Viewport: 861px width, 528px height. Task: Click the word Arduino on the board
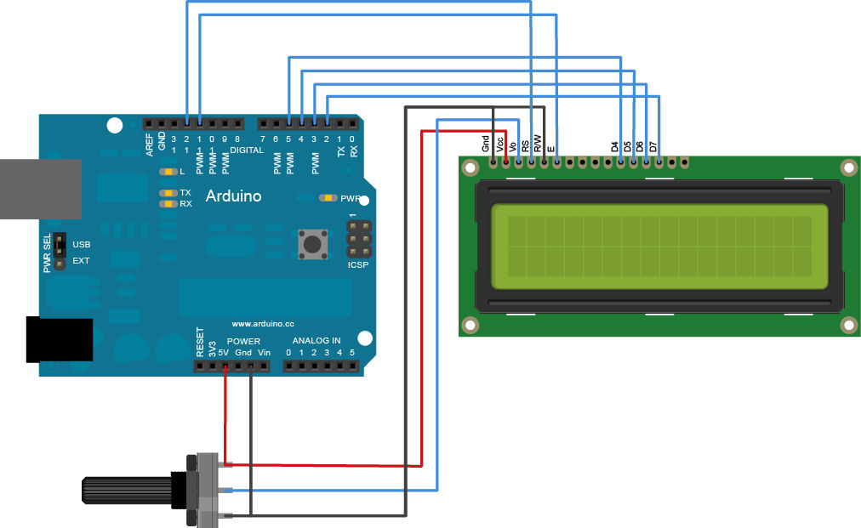point(234,196)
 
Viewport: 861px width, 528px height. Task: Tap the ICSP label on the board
point(359,265)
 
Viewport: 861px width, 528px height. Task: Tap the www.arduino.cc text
point(262,324)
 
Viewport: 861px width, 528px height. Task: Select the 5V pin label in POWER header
point(224,352)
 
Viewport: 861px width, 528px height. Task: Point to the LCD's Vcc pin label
point(500,145)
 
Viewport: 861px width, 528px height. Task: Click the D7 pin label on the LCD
point(653,146)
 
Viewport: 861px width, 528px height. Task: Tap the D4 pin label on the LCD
point(615,146)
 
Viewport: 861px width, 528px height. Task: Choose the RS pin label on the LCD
point(525,145)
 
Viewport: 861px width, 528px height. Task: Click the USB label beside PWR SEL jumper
point(81,244)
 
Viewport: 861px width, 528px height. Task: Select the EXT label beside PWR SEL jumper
point(81,261)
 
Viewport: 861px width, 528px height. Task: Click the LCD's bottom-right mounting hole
point(847,324)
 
